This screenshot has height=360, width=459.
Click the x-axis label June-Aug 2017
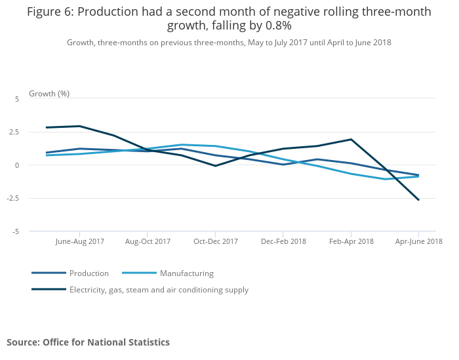coord(80,241)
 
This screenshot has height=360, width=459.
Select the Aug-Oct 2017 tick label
coord(148,241)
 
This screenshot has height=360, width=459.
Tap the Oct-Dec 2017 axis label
coord(216,241)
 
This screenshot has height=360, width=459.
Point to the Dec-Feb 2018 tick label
coord(283,241)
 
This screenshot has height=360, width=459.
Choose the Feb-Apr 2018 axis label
coord(351,241)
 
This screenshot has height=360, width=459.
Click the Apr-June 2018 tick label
coord(418,241)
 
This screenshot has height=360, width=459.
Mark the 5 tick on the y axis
coord(17,98)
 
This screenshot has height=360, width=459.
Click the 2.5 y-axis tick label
coord(14,132)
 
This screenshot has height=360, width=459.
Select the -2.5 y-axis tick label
coord(12,198)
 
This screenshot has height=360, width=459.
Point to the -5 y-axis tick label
coord(16,231)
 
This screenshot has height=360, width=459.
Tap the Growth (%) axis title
coord(49,94)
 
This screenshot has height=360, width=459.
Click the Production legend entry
coord(89,273)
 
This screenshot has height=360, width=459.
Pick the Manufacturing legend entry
coord(186,273)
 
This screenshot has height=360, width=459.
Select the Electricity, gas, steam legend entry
coord(159,290)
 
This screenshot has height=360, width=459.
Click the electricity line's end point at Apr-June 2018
coord(418,199)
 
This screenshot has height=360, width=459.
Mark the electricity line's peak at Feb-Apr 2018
coord(351,140)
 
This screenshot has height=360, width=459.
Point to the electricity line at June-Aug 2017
coord(79,126)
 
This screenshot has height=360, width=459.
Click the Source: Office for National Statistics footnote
coord(88,342)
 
